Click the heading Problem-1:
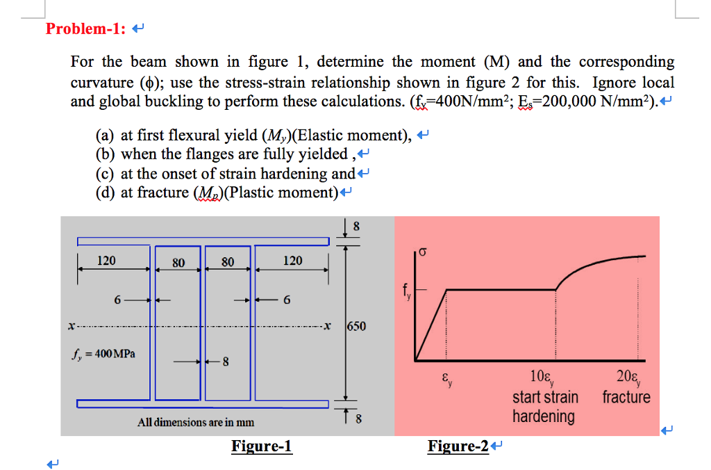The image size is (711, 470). [85, 29]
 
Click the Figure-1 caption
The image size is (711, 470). [262, 446]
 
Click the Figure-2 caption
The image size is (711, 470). [458, 446]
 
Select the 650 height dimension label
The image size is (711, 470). [356, 326]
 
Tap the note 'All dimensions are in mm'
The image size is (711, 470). [196, 422]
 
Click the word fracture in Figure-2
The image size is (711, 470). [626, 398]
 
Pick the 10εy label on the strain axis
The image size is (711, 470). [541, 380]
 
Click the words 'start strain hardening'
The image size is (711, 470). [544, 407]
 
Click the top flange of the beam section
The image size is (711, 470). [203, 241]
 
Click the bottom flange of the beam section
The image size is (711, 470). [203, 404]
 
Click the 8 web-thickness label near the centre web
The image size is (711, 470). [225, 361]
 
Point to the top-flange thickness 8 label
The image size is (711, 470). [357, 225]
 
